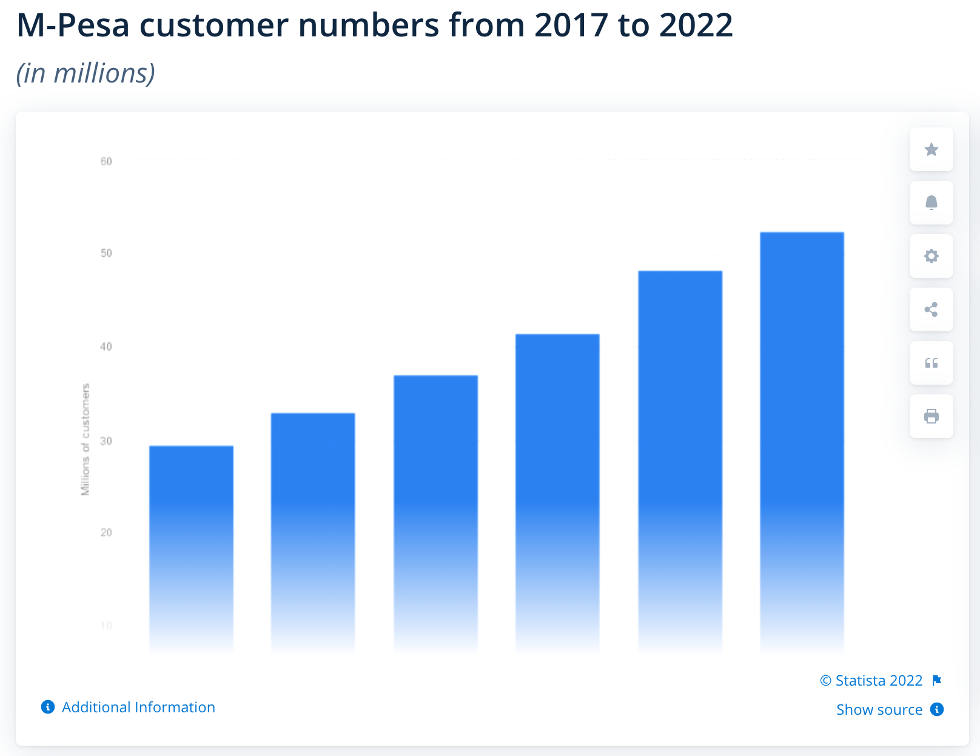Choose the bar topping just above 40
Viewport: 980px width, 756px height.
(x=557, y=492)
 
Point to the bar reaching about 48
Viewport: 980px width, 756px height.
(x=680, y=461)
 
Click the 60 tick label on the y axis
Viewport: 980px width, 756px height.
(x=106, y=161)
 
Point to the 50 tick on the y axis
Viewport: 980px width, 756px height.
(x=106, y=253)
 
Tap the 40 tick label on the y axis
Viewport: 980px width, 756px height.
(x=106, y=347)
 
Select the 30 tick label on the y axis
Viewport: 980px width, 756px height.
(x=106, y=441)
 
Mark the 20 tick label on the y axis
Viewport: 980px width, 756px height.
(x=106, y=533)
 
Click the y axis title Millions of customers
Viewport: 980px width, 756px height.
(x=86, y=439)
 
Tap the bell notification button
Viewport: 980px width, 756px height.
(x=931, y=203)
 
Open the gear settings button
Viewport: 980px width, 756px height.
(x=931, y=256)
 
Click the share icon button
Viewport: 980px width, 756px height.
(x=931, y=309)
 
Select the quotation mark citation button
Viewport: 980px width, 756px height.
(x=931, y=363)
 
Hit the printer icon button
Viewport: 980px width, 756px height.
(x=931, y=416)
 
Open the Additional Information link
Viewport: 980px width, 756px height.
(x=138, y=707)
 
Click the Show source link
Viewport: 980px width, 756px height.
(x=879, y=710)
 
